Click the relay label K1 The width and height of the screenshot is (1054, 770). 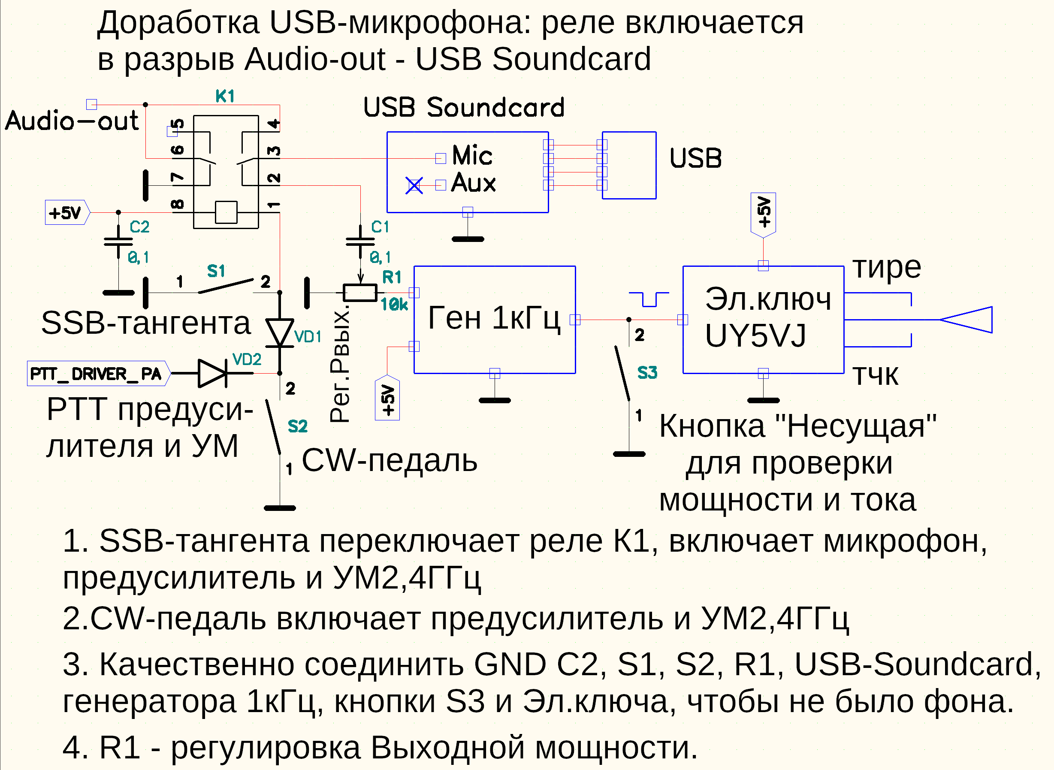pyautogui.click(x=225, y=97)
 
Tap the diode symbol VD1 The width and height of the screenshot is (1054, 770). pyautogui.click(x=280, y=332)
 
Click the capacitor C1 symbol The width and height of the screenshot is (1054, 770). pyautogui.click(x=360, y=242)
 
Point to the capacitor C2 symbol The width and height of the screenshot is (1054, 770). pyautogui.click(x=118, y=242)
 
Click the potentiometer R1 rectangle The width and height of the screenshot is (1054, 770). pyautogui.click(x=360, y=293)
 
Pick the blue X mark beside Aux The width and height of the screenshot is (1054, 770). pyautogui.click(x=414, y=185)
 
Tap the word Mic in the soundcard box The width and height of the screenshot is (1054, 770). pyautogui.click(x=472, y=155)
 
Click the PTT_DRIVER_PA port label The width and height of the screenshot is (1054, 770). pyautogui.click(x=96, y=374)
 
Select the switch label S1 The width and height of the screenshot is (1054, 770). pyautogui.click(x=216, y=271)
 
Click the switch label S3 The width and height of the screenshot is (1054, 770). pyautogui.click(x=647, y=373)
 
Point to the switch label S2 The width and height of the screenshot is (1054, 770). pyautogui.click(x=297, y=426)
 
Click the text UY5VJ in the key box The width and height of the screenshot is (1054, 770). pyautogui.click(x=755, y=335)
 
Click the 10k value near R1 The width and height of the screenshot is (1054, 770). pyautogui.click(x=394, y=305)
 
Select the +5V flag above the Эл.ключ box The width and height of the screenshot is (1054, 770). pyautogui.click(x=763, y=214)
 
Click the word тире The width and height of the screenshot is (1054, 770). pyautogui.click(x=887, y=268)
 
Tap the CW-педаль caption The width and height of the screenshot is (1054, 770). pyautogui.click(x=390, y=461)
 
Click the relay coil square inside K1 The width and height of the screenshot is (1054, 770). pyautogui.click(x=226, y=212)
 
